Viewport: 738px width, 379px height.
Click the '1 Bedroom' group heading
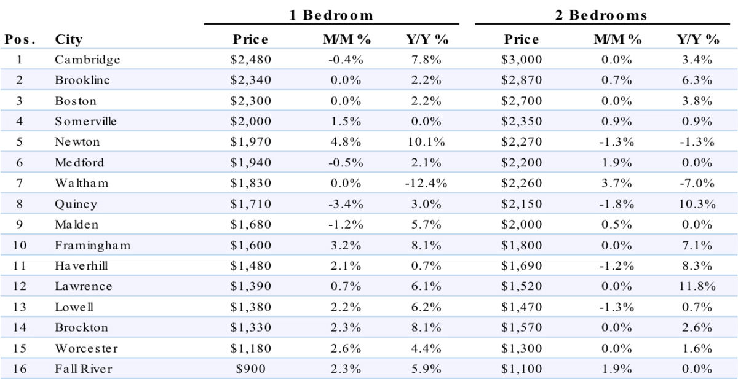[331, 15]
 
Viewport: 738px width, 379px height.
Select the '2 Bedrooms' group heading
[601, 15]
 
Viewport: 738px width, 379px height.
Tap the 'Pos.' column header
[20, 39]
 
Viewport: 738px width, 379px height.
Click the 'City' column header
[68, 40]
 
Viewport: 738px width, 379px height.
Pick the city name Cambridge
[87, 60]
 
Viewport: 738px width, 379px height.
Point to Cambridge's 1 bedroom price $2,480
[250, 60]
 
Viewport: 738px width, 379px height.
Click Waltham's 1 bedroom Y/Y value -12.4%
[426, 183]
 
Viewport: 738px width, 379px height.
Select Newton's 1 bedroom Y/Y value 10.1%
[426, 142]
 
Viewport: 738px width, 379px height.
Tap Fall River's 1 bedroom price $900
[250, 369]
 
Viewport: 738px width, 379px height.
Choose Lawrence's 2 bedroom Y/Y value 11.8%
[697, 286]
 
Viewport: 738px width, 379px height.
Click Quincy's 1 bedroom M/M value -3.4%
[346, 204]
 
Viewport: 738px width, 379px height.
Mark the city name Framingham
[93, 246]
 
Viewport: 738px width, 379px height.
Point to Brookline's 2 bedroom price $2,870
[522, 80]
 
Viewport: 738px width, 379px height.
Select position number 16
[20, 369]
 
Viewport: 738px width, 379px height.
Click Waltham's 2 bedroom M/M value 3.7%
[616, 183]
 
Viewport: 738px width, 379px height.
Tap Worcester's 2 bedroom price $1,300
[522, 348]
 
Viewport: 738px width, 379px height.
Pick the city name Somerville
[85, 122]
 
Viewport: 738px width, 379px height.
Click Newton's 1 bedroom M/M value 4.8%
[346, 142]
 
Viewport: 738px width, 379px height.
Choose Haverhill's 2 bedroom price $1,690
[522, 266]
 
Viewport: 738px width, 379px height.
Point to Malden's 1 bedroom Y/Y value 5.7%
[426, 224]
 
